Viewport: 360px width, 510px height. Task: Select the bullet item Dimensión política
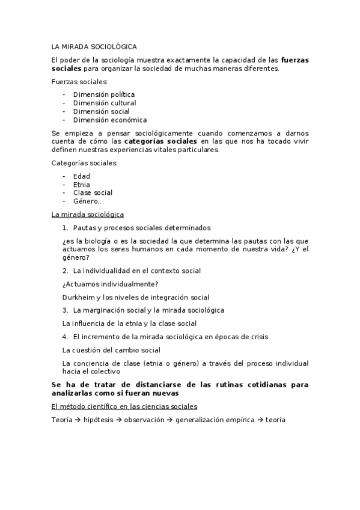point(103,94)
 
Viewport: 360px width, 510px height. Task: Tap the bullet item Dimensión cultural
point(105,103)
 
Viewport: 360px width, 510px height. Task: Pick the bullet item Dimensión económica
point(109,120)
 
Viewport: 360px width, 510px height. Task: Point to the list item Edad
point(81,176)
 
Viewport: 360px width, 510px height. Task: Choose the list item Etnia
point(82,185)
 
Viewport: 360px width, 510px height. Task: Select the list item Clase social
point(93,193)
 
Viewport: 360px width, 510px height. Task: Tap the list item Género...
point(88,201)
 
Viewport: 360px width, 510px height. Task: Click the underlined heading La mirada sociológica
point(88,215)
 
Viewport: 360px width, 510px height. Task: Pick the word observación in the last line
point(144,420)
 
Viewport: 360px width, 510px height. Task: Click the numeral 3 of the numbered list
point(65,310)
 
